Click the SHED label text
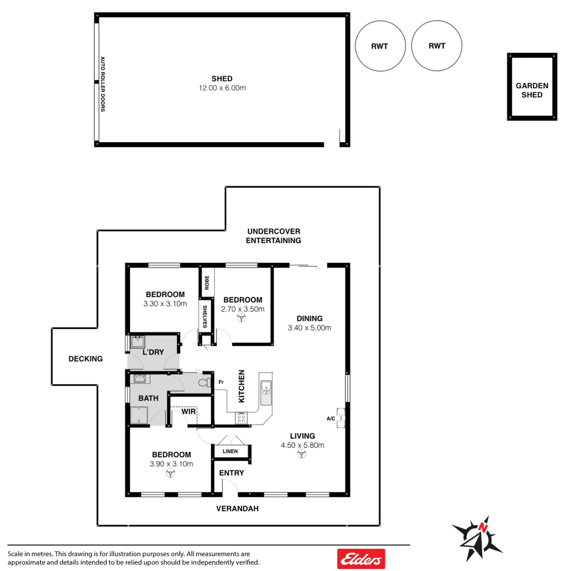[222, 79]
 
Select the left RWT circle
[380, 46]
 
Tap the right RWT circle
[437, 46]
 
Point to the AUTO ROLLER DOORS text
[103, 84]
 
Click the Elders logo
[361, 559]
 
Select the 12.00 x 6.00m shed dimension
[222, 88]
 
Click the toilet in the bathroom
[203, 382]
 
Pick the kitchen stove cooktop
[241, 418]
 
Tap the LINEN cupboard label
[230, 452]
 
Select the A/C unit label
[331, 419]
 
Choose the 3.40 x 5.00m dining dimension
[309, 328]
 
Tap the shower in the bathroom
[140, 416]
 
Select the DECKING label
[86, 359]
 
